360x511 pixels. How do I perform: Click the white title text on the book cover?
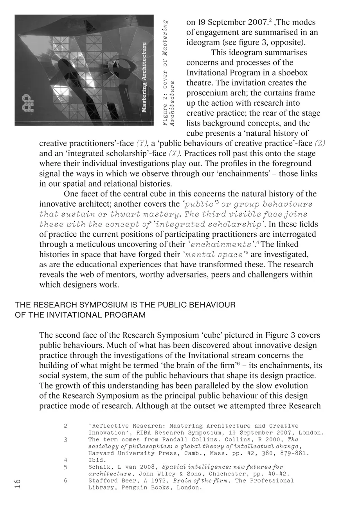pyautogui.click(x=144, y=77)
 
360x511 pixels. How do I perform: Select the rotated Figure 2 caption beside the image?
pyautogui.click(x=168, y=72)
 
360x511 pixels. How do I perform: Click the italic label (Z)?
pyautogui.click(x=320, y=144)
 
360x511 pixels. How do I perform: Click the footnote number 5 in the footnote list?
pyautogui.click(x=65, y=467)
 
